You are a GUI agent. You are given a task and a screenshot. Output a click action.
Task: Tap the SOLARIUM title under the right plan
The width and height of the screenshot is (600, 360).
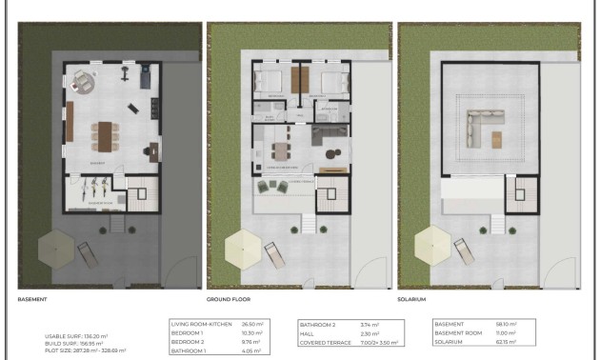[412, 298]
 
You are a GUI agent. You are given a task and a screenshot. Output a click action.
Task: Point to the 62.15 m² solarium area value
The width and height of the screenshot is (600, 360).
[507, 341]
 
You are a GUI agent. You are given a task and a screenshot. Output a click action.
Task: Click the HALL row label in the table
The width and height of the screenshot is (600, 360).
[310, 332]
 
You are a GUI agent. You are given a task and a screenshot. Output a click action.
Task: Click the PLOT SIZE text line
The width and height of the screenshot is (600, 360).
[86, 350]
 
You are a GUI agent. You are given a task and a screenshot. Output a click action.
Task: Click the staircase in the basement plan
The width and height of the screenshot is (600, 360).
[138, 198]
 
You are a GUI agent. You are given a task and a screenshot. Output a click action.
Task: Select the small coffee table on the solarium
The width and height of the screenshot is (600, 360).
[496, 140]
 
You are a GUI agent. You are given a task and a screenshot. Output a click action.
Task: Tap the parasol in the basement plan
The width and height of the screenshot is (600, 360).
[52, 250]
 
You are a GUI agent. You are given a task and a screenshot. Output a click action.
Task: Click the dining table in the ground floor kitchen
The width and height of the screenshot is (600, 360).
[279, 152]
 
